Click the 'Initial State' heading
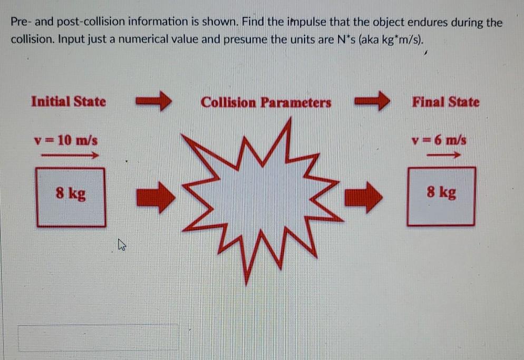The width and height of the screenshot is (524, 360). click(69, 101)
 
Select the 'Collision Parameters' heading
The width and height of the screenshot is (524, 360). click(266, 102)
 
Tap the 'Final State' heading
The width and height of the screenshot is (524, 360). click(446, 102)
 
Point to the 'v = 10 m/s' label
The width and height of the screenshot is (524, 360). click(65, 141)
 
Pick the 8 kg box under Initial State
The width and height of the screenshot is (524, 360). click(71, 196)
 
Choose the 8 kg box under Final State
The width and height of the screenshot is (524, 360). click(441, 196)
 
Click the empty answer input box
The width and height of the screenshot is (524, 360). click(98, 338)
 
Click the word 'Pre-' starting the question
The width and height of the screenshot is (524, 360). click(22, 22)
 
